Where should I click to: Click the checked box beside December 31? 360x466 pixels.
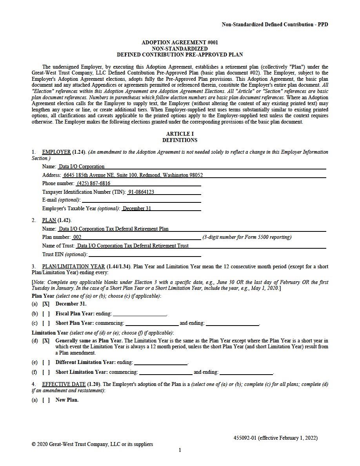(x=46, y=304)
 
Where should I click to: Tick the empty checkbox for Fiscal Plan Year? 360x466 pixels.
(x=46, y=314)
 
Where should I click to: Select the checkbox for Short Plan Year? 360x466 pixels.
(x=46, y=323)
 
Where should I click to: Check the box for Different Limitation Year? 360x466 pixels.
(x=46, y=362)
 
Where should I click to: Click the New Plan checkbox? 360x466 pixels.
(x=46, y=400)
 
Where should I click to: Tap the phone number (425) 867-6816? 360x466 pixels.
(x=93, y=184)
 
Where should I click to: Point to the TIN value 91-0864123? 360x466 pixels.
(x=141, y=192)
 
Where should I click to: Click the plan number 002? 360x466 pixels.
(x=77, y=237)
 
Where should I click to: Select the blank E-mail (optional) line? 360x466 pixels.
(x=141, y=200)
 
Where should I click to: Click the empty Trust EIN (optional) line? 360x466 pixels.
(x=145, y=255)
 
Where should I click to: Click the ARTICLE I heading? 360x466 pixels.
(x=180, y=134)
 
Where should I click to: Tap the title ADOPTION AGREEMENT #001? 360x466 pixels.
(x=180, y=42)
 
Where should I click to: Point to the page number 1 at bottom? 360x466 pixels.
(x=180, y=450)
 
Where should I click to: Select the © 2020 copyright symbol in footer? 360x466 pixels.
(x=34, y=444)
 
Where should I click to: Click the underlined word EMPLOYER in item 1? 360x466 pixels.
(x=56, y=152)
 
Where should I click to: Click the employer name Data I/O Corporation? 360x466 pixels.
(x=82, y=167)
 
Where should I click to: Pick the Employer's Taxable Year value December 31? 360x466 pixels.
(x=137, y=209)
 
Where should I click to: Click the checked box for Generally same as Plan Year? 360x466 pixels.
(x=46, y=341)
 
